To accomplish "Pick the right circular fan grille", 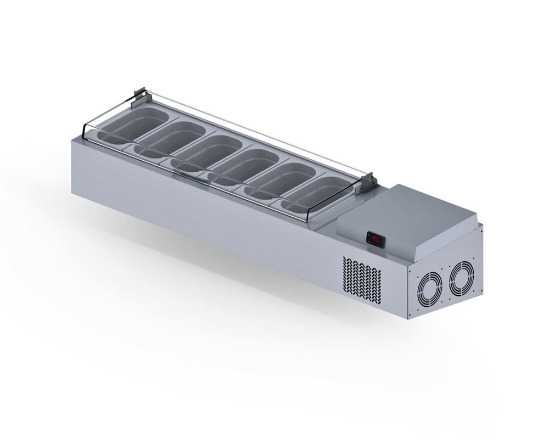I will pyautogui.click(x=460, y=279).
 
